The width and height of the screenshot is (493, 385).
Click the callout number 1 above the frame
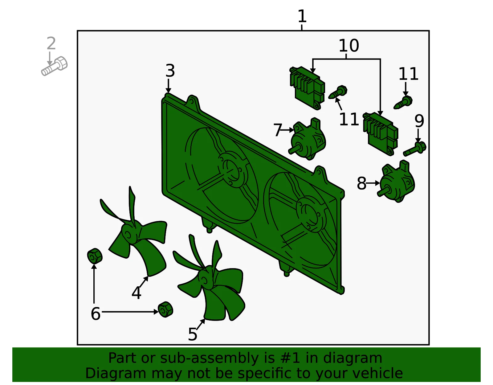302,16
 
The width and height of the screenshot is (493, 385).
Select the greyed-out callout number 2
51,43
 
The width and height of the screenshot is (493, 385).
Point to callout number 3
170,71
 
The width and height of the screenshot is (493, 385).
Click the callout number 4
136,293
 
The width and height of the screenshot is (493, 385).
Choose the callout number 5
193,334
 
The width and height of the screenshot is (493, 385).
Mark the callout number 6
96,313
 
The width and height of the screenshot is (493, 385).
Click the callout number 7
278,130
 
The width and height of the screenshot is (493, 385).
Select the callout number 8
362,183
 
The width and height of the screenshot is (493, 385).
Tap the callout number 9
419,121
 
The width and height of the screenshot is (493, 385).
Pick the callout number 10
349,45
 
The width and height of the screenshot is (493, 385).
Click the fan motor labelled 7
307,139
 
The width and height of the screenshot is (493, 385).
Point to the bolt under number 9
415,149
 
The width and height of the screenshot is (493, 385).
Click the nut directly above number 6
95,256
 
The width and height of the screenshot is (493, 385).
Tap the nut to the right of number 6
165,309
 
